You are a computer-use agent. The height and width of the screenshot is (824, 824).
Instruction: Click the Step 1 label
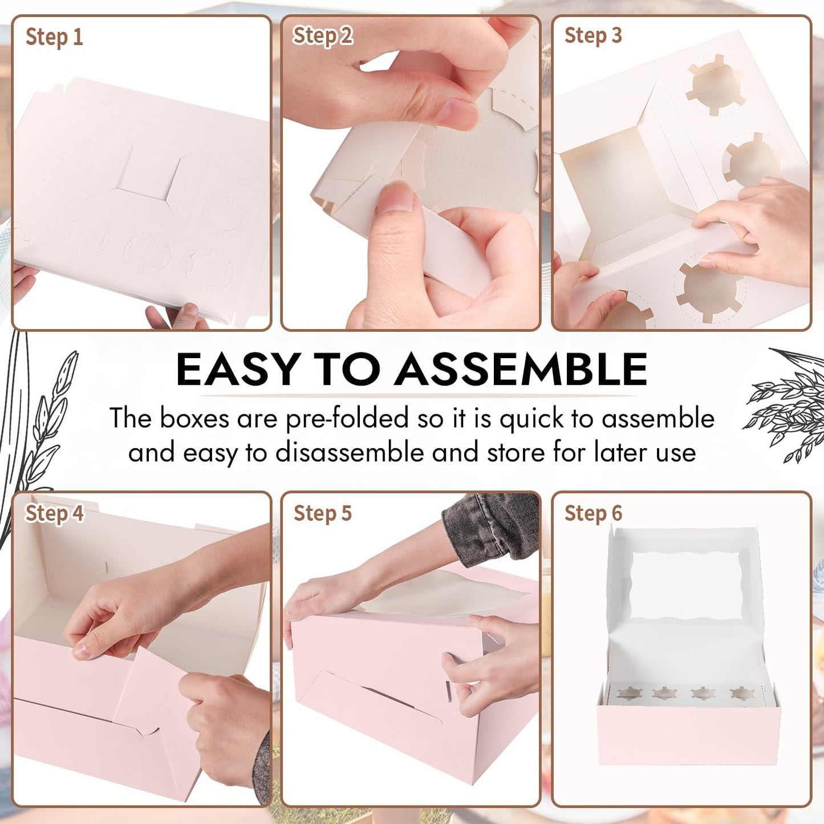tap(54, 38)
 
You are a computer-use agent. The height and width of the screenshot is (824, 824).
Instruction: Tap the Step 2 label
tap(323, 36)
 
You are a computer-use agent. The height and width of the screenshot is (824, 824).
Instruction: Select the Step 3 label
tap(593, 35)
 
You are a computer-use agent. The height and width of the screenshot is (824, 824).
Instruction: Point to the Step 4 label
tap(54, 513)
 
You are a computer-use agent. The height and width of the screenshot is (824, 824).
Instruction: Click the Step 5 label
tap(323, 513)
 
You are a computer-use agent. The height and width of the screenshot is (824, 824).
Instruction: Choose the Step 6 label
tap(593, 513)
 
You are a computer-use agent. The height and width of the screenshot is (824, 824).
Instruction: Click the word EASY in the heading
tap(238, 370)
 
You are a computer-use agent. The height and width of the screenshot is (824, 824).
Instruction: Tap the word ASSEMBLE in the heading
tap(521, 370)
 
